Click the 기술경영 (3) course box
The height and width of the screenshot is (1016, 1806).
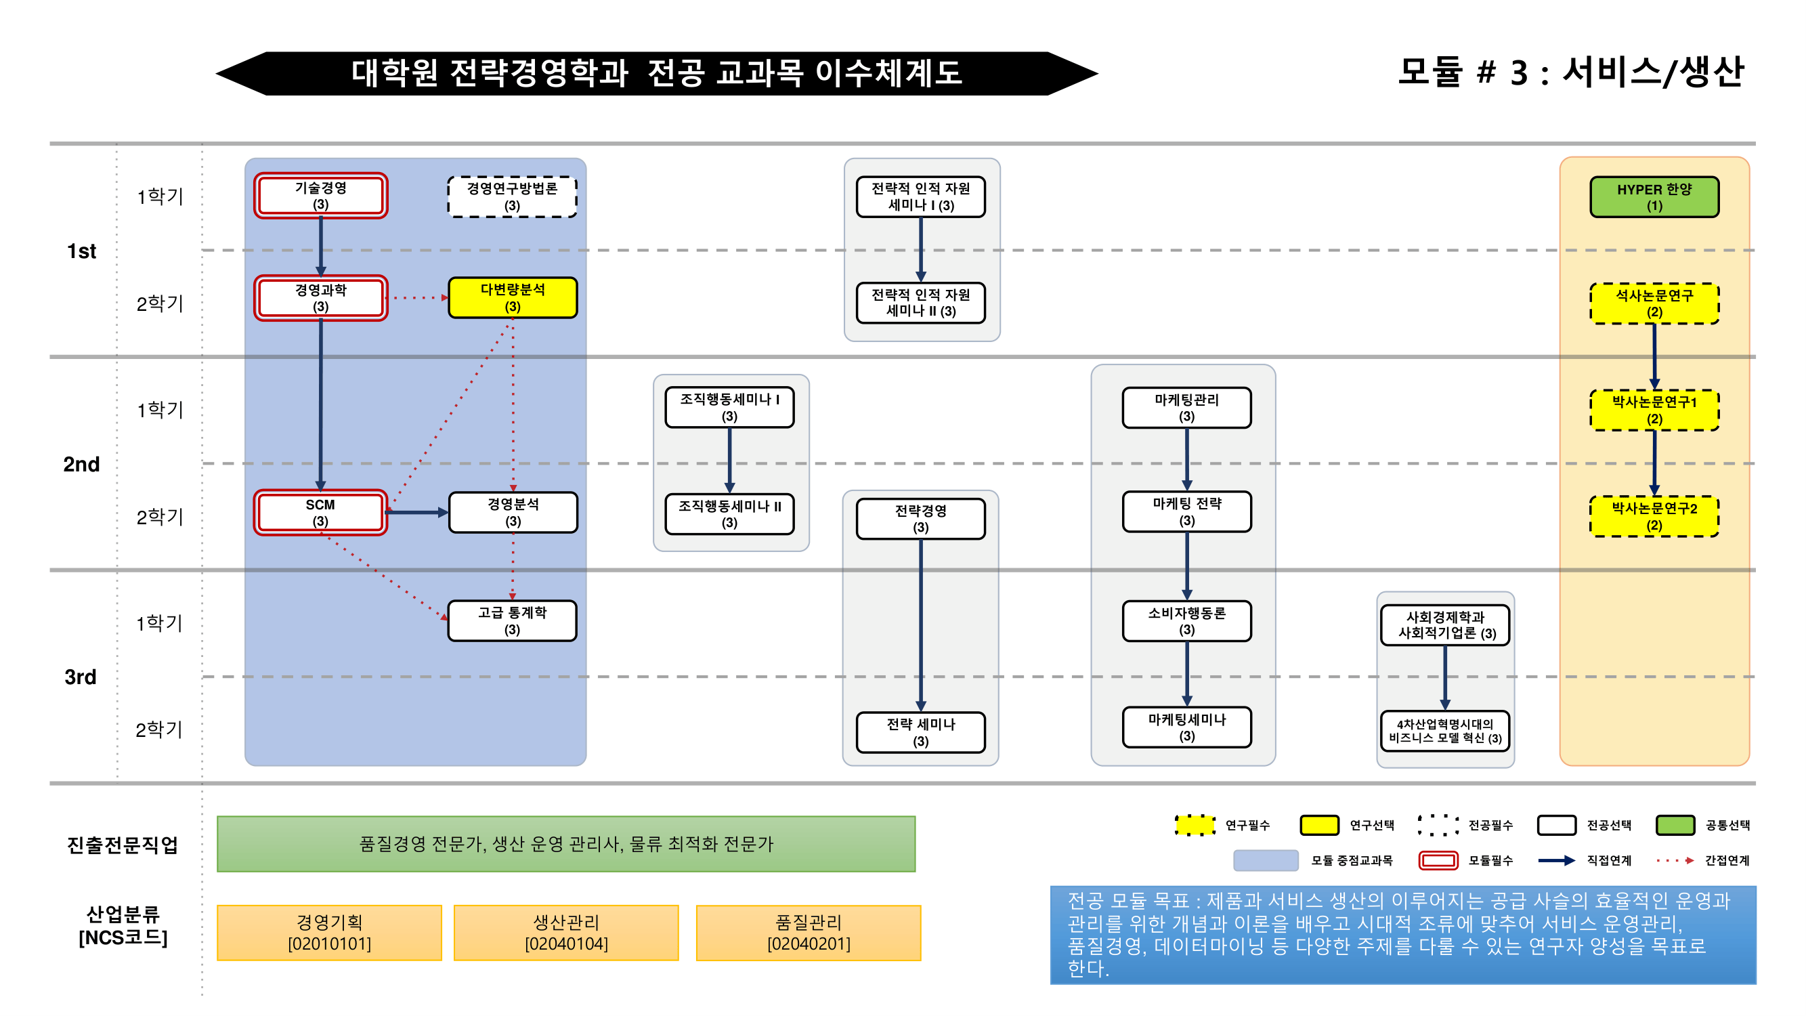point(320,196)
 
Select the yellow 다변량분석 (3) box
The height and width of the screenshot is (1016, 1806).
point(513,298)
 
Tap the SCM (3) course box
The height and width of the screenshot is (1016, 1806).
point(320,513)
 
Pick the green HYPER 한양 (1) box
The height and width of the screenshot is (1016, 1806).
point(1654,197)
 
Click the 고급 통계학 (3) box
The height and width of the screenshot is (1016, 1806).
point(513,620)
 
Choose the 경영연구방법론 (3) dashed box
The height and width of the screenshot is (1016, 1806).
point(513,197)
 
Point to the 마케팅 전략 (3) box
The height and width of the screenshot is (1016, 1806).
point(1186,512)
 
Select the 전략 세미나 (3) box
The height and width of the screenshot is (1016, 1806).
point(920,732)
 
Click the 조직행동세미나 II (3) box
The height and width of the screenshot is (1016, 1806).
point(729,514)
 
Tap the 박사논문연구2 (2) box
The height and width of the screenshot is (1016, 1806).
point(1654,516)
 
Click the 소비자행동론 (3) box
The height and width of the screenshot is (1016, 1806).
point(1186,620)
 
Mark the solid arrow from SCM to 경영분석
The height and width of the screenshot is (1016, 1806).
point(417,513)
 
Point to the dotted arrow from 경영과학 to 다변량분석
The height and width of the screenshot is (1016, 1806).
point(417,298)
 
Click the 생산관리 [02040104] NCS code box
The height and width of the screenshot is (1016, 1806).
point(566,933)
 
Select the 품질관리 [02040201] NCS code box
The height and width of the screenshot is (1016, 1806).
point(809,933)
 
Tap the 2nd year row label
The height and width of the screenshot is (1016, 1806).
point(81,464)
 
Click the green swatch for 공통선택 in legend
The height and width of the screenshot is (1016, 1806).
point(1675,824)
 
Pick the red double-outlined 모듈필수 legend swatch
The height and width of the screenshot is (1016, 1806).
point(1438,860)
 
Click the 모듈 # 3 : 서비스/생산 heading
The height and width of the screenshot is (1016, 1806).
point(1570,72)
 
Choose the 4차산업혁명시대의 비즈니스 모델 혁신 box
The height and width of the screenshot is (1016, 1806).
point(1445,731)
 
